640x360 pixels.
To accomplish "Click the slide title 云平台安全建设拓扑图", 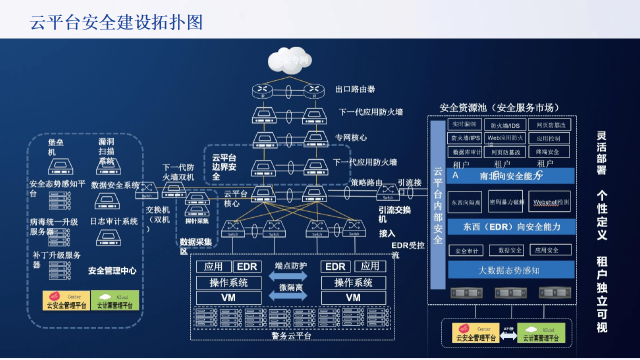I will coord(116,22).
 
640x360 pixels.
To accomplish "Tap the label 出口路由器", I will coord(355,89).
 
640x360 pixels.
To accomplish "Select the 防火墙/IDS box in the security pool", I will coord(504,125).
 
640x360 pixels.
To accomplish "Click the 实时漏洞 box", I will coord(464,124).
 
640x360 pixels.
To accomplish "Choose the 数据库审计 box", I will coord(465,152).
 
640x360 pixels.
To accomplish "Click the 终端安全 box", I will coord(548,151).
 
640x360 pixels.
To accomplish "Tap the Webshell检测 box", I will coord(549,202).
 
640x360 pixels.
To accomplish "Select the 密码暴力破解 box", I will coord(505,202).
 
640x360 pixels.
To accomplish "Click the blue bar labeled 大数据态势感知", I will coord(510,270).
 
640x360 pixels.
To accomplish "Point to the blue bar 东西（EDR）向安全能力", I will coord(510,226).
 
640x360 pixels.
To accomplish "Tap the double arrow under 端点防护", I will coord(288,276).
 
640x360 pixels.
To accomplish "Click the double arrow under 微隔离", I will coord(288,295).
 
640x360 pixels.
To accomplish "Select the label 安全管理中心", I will coord(112,271).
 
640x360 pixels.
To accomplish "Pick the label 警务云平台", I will coord(291,335).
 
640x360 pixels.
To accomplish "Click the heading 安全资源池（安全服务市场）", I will coord(499,108).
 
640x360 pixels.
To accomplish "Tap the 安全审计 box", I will coord(465,250).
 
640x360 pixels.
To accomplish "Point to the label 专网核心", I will coord(350,137).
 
